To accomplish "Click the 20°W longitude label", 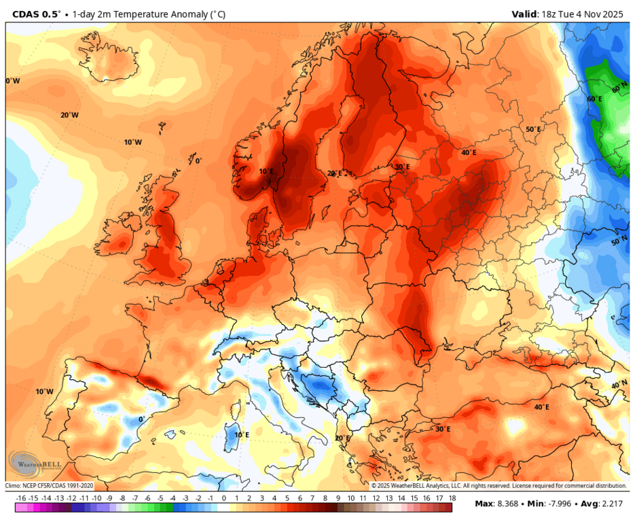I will pyautogui.click(x=69, y=115).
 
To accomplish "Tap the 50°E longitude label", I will pyautogui.click(x=533, y=129).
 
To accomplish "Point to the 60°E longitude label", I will pyautogui.click(x=595, y=99).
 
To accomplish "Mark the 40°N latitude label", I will pyautogui.click(x=619, y=385).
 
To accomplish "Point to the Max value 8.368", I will pyautogui.click(x=505, y=504).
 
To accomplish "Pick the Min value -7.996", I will pyautogui.click(x=559, y=504).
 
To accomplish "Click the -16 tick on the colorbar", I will pyautogui.click(x=20, y=498).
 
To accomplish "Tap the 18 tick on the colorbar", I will pyautogui.click(x=452, y=498).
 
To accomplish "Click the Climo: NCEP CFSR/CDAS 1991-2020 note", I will pyautogui.click(x=50, y=486).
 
